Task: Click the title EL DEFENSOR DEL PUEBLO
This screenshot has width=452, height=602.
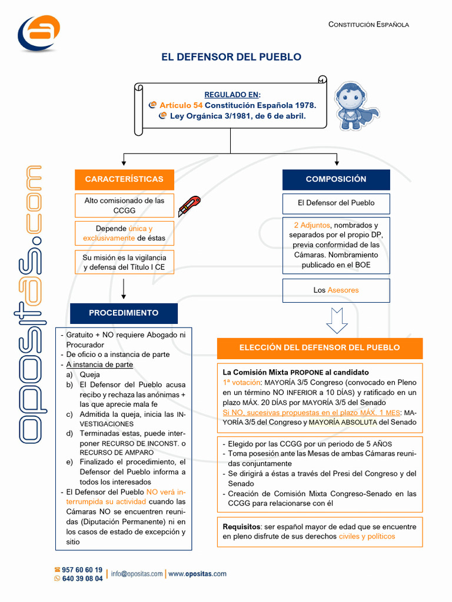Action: [x=231, y=57]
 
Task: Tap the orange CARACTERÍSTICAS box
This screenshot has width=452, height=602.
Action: [x=124, y=179]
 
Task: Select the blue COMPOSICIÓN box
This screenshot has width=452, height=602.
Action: [x=336, y=179]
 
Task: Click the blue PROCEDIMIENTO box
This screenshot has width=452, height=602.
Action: [x=124, y=313]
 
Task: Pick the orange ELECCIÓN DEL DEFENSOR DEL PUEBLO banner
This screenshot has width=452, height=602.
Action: [x=320, y=348]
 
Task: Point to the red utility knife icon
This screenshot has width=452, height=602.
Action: [x=189, y=206]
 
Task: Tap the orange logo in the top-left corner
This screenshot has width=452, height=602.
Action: [x=39, y=33]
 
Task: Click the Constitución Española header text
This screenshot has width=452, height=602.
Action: [x=368, y=25]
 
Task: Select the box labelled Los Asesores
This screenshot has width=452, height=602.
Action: [x=336, y=290]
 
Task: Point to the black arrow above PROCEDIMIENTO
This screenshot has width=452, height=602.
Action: [x=124, y=289]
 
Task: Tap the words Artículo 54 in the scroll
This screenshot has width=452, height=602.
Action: [x=181, y=105]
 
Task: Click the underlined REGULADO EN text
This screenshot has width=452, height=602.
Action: [x=232, y=95]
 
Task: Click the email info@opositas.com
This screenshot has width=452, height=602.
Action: [x=137, y=574]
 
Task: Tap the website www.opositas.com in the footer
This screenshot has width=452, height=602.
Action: [x=198, y=574]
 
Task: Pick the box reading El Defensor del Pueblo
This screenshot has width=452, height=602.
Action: [x=336, y=203]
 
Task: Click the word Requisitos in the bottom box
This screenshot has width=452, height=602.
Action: [x=242, y=527]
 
